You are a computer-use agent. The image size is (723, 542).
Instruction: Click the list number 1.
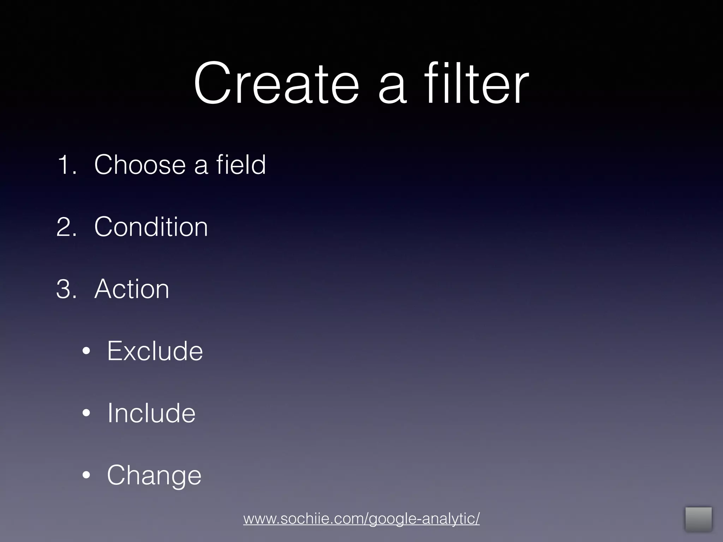[x=66, y=164]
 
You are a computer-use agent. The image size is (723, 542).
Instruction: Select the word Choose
[x=140, y=164]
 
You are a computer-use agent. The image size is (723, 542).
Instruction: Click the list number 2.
[x=66, y=227]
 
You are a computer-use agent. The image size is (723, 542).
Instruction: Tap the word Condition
[x=151, y=227]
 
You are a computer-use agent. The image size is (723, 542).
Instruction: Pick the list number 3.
[x=66, y=289]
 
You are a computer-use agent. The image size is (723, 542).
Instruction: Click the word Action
[x=132, y=289]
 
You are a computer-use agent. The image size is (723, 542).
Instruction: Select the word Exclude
[x=155, y=351]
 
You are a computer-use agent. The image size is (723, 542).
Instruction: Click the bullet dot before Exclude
[x=86, y=351]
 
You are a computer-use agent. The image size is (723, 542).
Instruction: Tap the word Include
[x=151, y=413]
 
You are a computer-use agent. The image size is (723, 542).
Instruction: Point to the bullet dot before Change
[x=86, y=475]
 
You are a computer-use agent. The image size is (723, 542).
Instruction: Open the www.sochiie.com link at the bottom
[x=361, y=519]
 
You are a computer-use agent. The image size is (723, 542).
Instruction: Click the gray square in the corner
[x=698, y=519]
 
